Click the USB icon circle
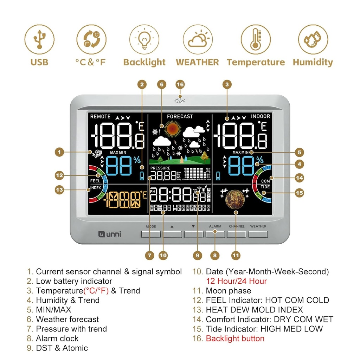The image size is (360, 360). (39, 39)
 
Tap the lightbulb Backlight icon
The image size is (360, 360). (144, 39)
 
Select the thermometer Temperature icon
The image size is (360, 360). (256, 39)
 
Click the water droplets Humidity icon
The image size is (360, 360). (313, 39)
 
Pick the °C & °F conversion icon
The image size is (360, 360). (91, 39)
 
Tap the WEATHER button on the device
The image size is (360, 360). (258, 234)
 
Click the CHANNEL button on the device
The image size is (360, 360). (237, 234)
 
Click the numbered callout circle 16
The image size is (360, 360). (180, 85)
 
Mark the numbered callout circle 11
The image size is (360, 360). (236, 256)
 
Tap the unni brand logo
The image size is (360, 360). (109, 234)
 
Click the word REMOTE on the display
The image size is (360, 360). (100, 116)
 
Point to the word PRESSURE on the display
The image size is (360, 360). (160, 168)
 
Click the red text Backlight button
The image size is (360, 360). (235, 339)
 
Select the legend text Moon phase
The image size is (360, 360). (228, 291)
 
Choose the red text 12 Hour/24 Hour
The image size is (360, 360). (236, 281)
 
